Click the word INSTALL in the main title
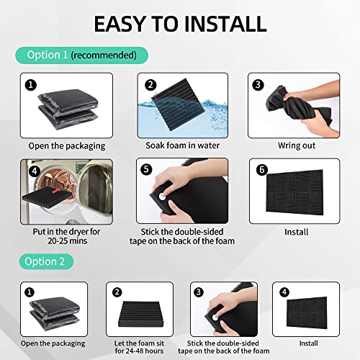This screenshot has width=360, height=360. pyautogui.click(x=225, y=24)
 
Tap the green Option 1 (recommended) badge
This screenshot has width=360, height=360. pyautogui.click(x=81, y=55)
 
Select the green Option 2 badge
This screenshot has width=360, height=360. pyautogui.click(x=46, y=261)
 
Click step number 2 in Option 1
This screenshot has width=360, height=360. pyautogui.click(x=150, y=85)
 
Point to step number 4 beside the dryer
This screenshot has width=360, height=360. pyautogui.click(x=35, y=171)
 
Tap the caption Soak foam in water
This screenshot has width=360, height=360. pyautogui.click(x=182, y=145)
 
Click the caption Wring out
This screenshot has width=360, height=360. pyautogui.click(x=297, y=145)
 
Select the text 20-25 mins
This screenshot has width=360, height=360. pyautogui.click(x=67, y=240)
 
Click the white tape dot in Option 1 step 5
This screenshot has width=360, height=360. pyautogui.click(x=163, y=197)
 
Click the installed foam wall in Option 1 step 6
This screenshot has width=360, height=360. pyautogui.click(x=294, y=192)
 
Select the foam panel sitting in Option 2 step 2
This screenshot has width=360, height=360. pyautogui.click(x=140, y=314)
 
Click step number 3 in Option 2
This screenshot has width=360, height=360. pyautogui.click(x=199, y=292)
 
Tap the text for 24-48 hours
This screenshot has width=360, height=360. pyautogui.click(x=139, y=351)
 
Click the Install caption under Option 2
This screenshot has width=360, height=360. pyautogui.click(x=309, y=343)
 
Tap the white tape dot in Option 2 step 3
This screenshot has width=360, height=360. pyautogui.click(x=215, y=318)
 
